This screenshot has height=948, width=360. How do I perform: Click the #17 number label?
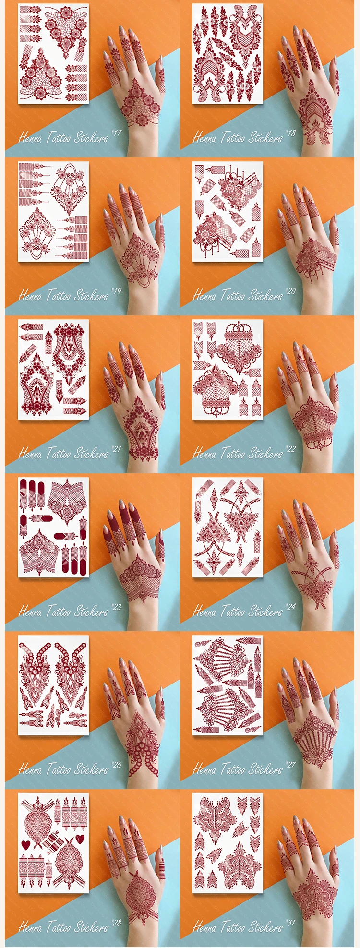(x=117, y=133)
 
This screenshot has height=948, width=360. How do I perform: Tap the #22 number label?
(x=291, y=449)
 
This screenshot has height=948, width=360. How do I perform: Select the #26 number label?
(x=117, y=765)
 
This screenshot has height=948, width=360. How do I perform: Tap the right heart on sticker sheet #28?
(x=80, y=839)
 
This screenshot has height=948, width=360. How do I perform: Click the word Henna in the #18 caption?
(x=204, y=138)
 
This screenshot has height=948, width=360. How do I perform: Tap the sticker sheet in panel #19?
(x=53, y=211)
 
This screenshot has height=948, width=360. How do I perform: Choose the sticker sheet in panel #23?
(x=53, y=527)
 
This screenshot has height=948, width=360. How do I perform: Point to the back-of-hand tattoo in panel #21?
(x=140, y=427)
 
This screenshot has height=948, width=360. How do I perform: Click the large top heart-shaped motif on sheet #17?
(x=66, y=26)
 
